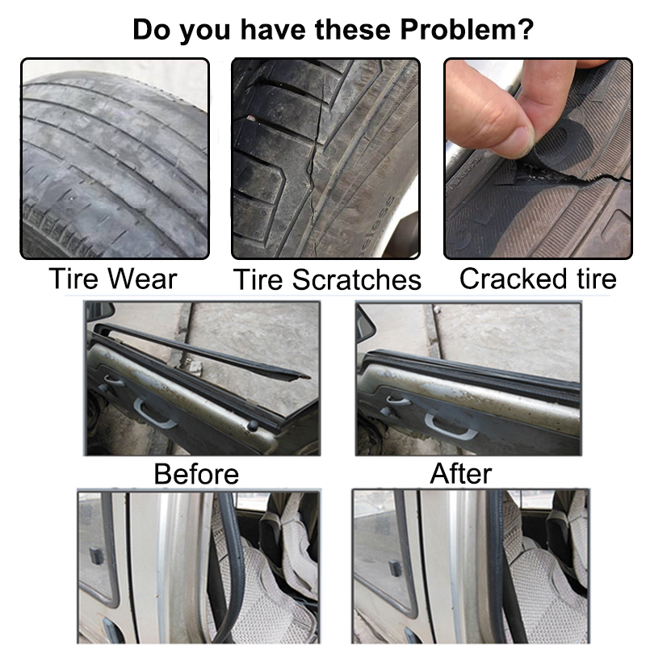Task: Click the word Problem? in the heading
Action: [x=468, y=30]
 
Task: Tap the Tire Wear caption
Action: [x=113, y=279]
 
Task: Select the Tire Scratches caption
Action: [x=327, y=279]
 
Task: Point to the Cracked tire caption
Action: [x=538, y=279]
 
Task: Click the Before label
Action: [x=196, y=474]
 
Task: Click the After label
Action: [x=460, y=474]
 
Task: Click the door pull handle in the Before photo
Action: [x=153, y=413]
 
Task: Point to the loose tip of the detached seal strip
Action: [x=306, y=376]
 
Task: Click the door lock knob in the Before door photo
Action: [x=252, y=426]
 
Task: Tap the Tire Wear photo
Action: [x=115, y=158]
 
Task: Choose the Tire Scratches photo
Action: [x=326, y=158]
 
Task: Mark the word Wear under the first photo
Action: [x=143, y=279]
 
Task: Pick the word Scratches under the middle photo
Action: [x=357, y=279]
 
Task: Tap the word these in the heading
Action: [x=352, y=30]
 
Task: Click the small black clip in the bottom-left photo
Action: [x=96, y=556]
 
